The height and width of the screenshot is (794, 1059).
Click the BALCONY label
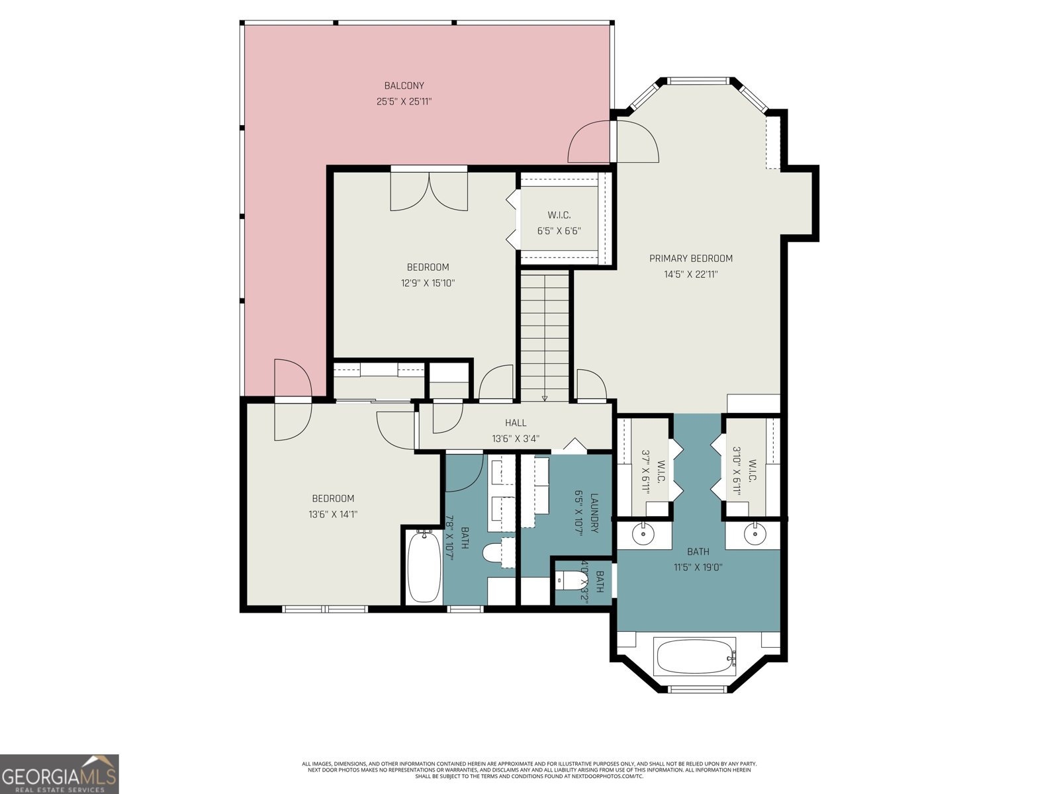[404, 85]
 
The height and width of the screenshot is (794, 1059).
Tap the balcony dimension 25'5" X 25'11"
[404, 102]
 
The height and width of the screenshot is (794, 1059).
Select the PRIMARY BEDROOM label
[690, 259]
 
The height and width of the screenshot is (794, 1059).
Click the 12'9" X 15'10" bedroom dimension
[428, 283]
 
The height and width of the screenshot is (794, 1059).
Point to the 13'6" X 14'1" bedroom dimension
[333, 514]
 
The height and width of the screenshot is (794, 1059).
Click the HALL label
[516, 423]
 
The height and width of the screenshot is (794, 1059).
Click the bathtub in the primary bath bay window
[695, 656]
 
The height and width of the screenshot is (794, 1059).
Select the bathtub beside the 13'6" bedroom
[424, 566]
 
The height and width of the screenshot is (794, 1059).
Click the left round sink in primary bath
[642, 533]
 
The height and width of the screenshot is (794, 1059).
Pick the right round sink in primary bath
[753, 533]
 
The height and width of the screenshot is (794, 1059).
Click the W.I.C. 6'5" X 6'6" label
[559, 223]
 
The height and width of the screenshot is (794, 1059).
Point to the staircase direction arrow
[545, 398]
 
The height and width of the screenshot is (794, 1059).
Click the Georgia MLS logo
[60, 773]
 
